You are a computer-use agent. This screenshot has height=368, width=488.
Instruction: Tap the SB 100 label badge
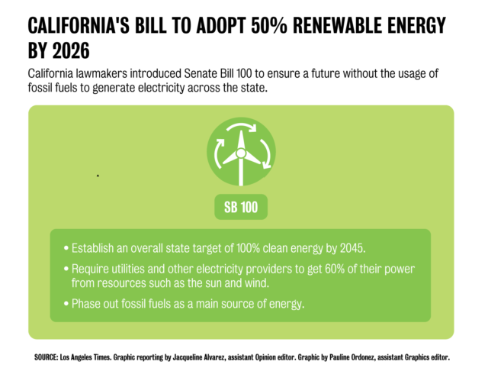tap(240, 207)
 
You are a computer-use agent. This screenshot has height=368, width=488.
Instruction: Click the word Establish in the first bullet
tap(96, 248)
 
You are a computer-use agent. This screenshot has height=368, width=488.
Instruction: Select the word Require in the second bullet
tap(91, 270)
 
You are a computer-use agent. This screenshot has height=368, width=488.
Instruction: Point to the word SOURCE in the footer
tap(47, 357)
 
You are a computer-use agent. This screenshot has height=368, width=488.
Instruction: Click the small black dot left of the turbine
tap(98, 176)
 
